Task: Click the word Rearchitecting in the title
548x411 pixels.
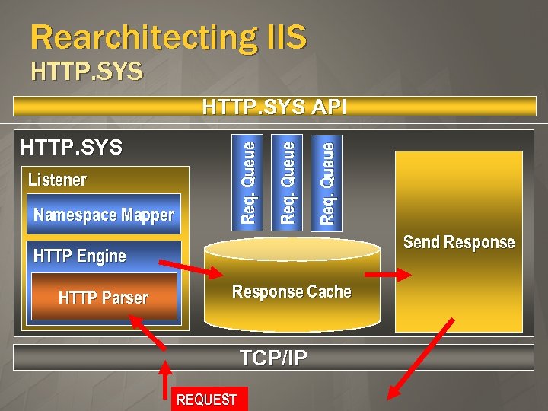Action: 133,37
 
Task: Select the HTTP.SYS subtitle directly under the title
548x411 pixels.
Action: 87,72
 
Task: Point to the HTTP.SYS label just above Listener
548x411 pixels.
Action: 71,147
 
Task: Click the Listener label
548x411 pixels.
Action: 57,180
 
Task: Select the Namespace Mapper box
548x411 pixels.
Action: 104,215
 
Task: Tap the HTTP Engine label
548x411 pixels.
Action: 80,256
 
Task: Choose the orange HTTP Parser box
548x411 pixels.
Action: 104,298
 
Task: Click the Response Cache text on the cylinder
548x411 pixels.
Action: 292,292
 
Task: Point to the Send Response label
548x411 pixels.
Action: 459,242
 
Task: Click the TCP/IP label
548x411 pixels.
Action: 273,358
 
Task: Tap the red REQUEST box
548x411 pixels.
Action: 205,400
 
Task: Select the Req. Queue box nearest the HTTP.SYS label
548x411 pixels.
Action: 247,181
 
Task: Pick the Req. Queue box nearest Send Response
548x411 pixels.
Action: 327,181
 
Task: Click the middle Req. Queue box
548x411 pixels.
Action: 287,181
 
